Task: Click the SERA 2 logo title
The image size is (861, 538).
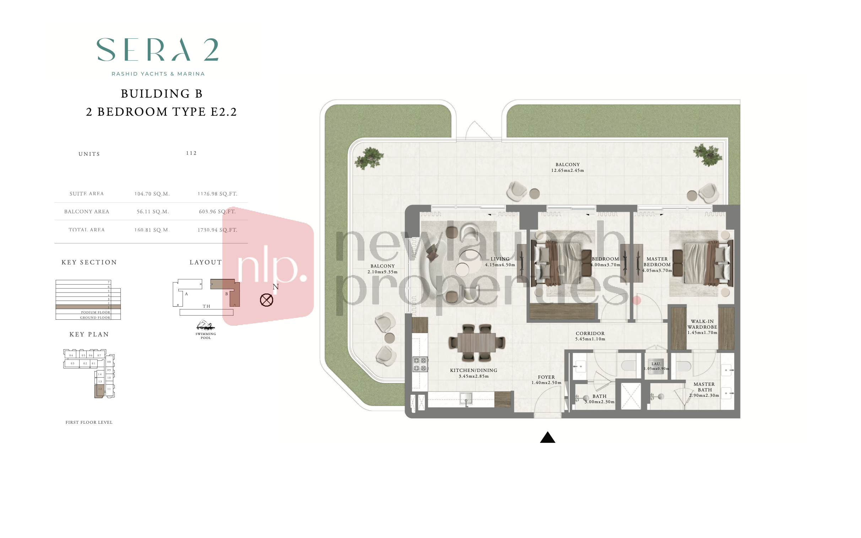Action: (157, 50)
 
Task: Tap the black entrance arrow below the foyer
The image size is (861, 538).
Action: (547, 438)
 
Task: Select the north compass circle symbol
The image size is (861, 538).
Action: (266, 300)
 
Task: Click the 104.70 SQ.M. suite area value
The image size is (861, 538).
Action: (152, 194)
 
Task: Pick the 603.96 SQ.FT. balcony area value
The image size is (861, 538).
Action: (217, 212)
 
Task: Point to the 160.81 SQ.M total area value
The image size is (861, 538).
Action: (152, 230)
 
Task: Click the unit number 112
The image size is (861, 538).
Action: (191, 153)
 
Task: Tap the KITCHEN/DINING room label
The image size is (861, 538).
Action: (473, 370)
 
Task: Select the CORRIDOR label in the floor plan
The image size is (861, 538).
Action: (590, 333)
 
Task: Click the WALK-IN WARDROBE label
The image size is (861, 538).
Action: (702, 324)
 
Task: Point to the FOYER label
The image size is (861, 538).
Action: (546, 377)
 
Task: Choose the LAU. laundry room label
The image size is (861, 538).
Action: (656, 364)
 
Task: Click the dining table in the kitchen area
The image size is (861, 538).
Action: (476, 342)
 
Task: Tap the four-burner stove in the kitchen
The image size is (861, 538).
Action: (420, 364)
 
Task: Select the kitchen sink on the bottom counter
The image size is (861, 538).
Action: (466, 399)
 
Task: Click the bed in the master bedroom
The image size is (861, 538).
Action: (700, 264)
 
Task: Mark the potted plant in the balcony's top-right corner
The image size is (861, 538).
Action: (708, 155)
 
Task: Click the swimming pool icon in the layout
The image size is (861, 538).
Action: (205, 325)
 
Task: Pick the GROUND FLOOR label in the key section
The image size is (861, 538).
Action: (95, 317)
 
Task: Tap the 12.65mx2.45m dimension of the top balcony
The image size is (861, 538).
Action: (567, 170)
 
